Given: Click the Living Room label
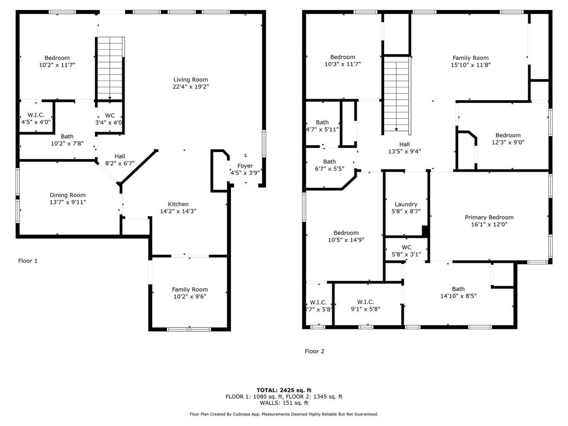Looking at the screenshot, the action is pyautogui.click(x=191, y=79).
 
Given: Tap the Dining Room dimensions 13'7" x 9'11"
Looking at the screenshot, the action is pyautogui.click(x=68, y=202).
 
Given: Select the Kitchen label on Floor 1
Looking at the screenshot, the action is pyautogui.click(x=178, y=205).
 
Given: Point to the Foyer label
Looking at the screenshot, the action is pyautogui.click(x=245, y=166).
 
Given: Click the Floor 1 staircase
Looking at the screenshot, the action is pyautogui.click(x=110, y=68).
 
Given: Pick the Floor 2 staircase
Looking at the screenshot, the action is pyautogui.click(x=397, y=95).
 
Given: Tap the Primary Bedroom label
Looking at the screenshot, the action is pyautogui.click(x=489, y=217).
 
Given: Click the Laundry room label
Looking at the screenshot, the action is pyautogui.click(x=406, y=205).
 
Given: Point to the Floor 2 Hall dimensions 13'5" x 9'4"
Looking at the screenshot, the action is pyautogui.click(x=405, y=152).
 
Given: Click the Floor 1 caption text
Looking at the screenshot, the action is pyautogui.click(x=28, y=261).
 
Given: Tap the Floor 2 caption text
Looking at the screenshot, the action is pyautogui.click(x=314, y=351).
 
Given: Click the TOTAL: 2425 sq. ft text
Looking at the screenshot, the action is pyautogui.click(x=284, y=390).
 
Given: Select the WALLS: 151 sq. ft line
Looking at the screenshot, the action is pyautogui.click(x=284, y=403).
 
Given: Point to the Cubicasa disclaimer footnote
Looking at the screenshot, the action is pyautogui.click(x=284, y=414).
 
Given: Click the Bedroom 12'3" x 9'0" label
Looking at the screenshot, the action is pyautogui.click(x=508, y=139).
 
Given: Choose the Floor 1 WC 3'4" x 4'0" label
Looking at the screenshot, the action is pyautogui.click(x=109, y=119).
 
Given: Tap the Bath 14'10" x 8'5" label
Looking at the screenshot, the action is pyautogui.click(x=458, y=292).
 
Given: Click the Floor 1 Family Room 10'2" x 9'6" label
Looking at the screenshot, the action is pyautogui.click(x=190, y=293).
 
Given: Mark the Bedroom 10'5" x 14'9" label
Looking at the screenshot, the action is pyautogui.click(x=346, y=236).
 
